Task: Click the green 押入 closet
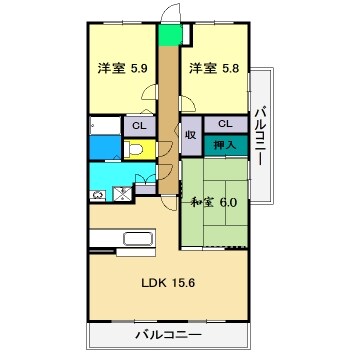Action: (x=226, y=146)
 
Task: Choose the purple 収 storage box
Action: (x=190, y=135)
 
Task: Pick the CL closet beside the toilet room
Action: (x=138, y=126)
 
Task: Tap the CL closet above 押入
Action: (x=226, y=124)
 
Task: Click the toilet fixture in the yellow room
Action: (x=135, y=151)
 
